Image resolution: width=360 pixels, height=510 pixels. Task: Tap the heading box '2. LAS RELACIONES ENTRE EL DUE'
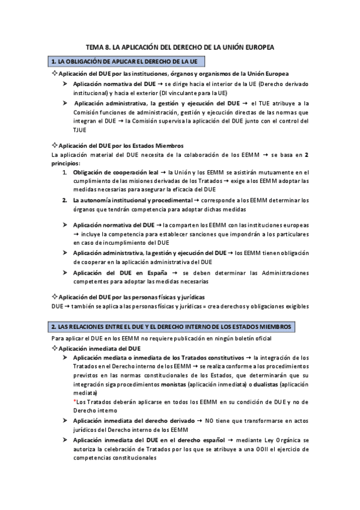tap(172, 326)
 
